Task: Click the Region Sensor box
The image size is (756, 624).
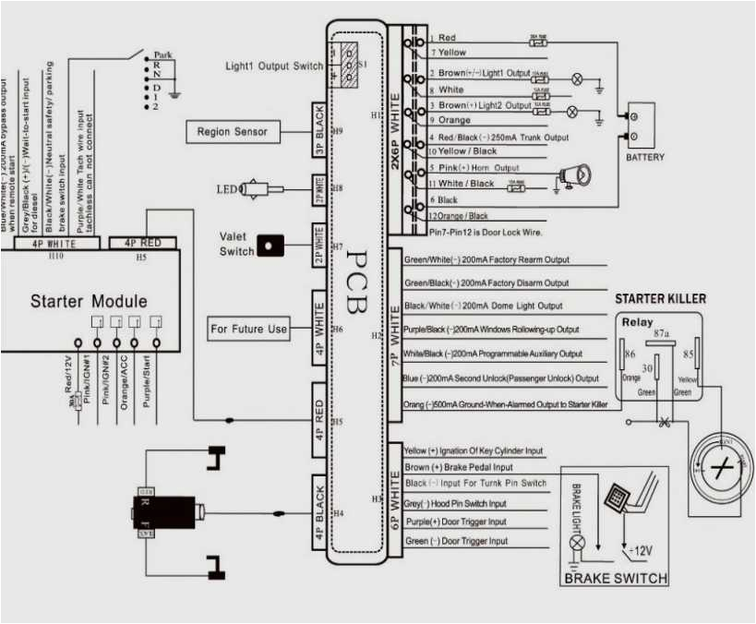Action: pos(232,132)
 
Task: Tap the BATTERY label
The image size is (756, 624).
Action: pos(644,158)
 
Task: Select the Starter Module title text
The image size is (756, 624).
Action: pos(89,302)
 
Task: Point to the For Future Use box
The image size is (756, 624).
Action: pos(249,329)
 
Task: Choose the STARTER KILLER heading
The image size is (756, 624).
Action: pos(660,299)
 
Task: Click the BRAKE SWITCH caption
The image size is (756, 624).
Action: pos(615,579)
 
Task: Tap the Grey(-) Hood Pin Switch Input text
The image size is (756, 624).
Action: pos(456,504)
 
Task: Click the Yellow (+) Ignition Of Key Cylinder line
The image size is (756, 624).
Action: pos(473,451)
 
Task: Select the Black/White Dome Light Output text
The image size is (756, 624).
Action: pos(483,306)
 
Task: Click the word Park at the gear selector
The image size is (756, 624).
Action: pos(163,55)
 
